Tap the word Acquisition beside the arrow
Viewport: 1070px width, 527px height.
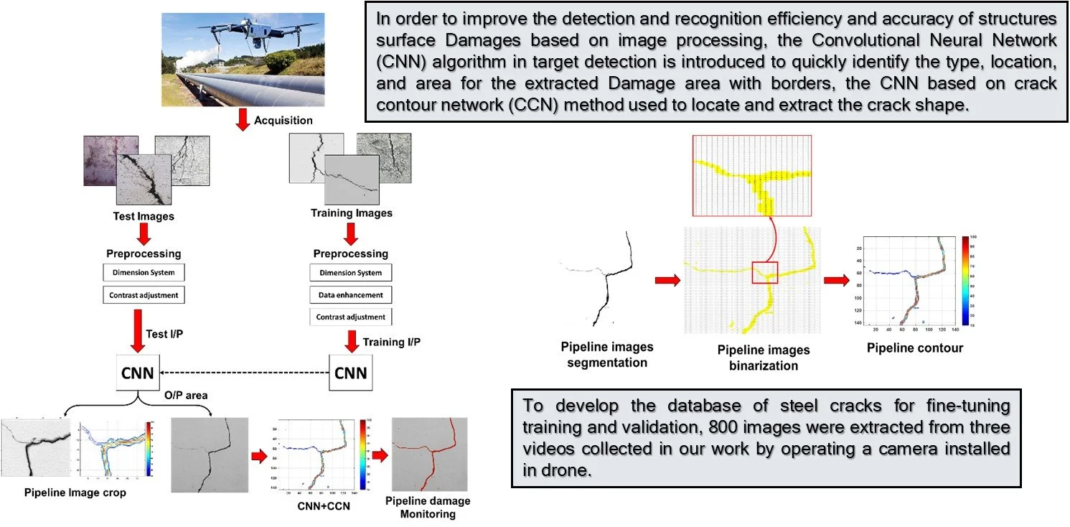283,121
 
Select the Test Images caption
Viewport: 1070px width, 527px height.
144,216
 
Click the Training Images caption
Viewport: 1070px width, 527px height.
352,213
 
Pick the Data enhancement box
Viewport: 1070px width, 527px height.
351,295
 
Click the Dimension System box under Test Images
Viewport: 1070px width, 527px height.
144,273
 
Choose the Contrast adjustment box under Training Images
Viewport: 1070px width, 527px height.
351,317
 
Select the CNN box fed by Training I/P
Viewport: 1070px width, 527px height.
351,373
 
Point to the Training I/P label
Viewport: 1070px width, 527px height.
392,342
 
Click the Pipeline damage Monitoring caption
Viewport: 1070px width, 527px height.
428,507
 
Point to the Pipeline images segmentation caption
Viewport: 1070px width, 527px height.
606,355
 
